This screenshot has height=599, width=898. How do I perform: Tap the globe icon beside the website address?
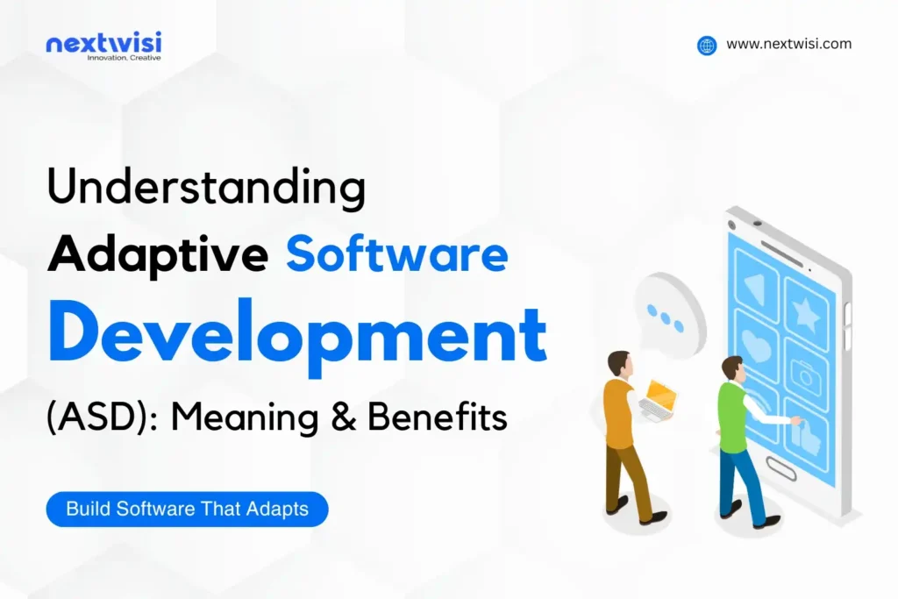coord(707,46)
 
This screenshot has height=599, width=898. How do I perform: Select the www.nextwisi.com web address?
coord(788,44)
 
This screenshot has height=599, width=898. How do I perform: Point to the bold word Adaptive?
coord(158,255)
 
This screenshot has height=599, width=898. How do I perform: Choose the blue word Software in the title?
coord(397,255)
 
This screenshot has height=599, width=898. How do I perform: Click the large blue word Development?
coord(297,332)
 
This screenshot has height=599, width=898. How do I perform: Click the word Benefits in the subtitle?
coord(437,417)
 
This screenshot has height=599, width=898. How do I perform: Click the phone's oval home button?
coord(780,471)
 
